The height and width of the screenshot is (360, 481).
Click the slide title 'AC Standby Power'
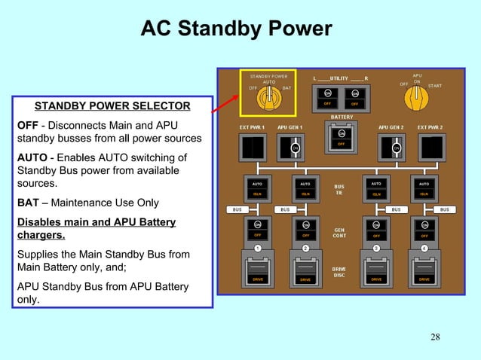(236, 29)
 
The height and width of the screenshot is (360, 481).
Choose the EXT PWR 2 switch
(430, 147)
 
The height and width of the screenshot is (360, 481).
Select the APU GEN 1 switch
(291, 147)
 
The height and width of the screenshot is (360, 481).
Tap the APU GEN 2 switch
(393, 147)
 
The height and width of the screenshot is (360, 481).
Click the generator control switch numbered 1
(257, 229)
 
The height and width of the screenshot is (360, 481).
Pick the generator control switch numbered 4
(424, 229)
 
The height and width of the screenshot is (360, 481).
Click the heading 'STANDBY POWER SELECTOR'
(112, 105)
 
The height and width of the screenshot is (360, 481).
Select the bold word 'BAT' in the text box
(29, 203)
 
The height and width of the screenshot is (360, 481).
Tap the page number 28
(435, 336)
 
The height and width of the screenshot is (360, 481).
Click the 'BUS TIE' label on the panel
(340, 189)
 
